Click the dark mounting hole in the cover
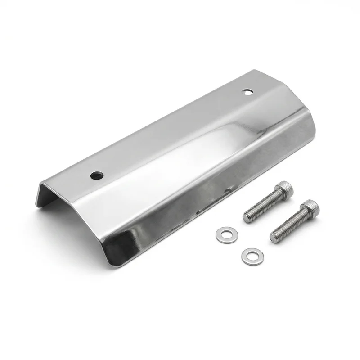(x=96, y=174)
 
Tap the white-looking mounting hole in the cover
(x=247, y=92)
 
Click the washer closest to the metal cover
(x=222, y=234)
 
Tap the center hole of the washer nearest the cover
(x=222, y=234)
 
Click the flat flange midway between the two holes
(x=171, y=133)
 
